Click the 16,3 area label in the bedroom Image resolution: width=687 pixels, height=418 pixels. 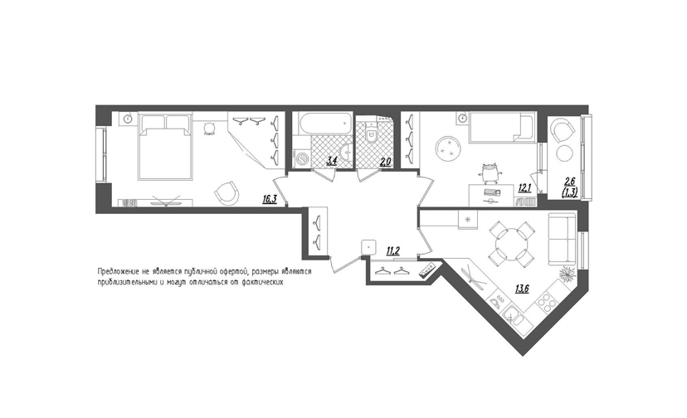270,199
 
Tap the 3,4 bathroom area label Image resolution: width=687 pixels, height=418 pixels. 331,161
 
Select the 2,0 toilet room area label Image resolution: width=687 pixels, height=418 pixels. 385,162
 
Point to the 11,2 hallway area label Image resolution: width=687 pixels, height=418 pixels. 392,250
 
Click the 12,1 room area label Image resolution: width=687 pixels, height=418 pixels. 524,188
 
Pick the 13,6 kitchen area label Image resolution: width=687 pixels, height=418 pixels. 522,289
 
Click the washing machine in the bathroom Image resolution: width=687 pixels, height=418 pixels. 301,158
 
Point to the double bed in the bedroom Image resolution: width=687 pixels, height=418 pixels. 165,146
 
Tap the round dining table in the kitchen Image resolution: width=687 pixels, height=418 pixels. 511,244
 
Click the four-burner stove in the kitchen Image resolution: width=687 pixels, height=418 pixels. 546,301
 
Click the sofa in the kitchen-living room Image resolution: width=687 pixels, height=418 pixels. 562,239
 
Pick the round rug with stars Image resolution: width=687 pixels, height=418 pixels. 447,148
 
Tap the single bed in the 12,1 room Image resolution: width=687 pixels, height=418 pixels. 501,128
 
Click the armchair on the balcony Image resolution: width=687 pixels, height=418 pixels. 563,129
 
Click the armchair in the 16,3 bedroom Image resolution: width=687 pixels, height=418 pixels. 227,193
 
